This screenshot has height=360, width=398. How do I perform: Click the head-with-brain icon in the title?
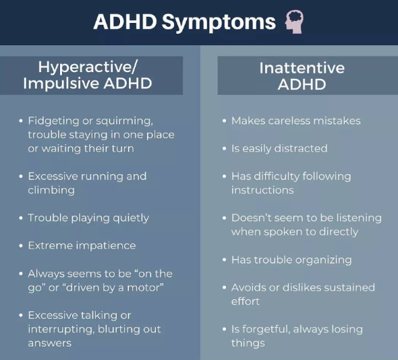[x=294, y=22]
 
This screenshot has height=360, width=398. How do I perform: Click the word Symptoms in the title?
[x=219, y=23]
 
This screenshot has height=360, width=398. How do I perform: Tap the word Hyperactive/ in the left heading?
[x=88, y=67]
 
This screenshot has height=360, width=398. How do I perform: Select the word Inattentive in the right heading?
[x=302, y=67]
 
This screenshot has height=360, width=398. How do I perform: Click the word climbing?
[x=51, y=191]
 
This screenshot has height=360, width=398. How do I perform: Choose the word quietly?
[x=131, y=218]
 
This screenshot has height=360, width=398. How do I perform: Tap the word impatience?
[x=106, y=246]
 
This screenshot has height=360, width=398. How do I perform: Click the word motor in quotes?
[x=144, y=288]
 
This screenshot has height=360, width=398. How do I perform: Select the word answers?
[x=50, y=344]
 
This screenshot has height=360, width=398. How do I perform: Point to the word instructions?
[x=262, y=190]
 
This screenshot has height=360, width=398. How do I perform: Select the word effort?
[x=245, y=301]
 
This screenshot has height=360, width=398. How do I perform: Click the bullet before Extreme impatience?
[x=21, y=246]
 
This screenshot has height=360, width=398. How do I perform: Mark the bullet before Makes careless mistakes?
[x=224, y=121]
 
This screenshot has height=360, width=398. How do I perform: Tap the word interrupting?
[x=61, y=330]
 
